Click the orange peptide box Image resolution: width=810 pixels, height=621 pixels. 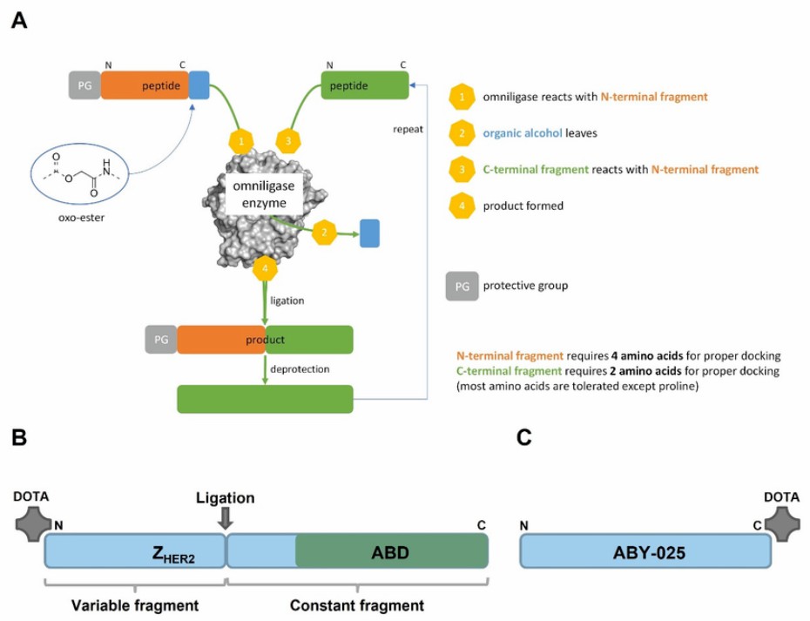(145, 84)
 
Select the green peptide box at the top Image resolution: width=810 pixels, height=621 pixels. (364, 84)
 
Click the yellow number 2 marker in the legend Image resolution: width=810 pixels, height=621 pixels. (462, 133)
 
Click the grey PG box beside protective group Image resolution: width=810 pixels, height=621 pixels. (462, 285)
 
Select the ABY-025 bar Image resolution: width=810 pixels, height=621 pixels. (645, 550)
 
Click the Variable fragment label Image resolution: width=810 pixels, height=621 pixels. (134, 604)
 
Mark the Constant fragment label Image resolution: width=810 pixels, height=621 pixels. (358, 604)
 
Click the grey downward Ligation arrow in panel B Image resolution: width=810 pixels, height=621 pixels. (225, 518)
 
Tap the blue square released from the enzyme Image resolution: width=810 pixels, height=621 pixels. (369, 233)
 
